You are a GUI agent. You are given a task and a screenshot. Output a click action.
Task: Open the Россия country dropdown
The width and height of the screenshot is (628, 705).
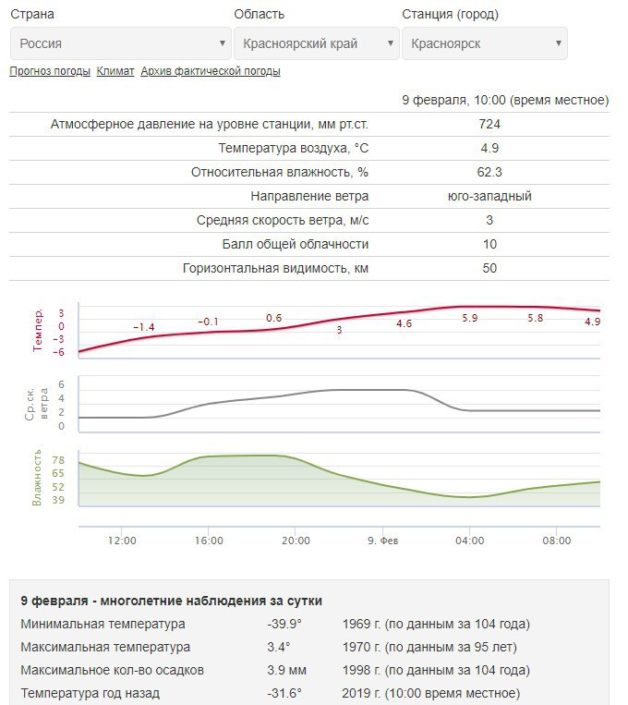coord(120,43)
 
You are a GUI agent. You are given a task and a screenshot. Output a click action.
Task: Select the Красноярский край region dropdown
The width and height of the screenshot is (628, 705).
coord(317,43)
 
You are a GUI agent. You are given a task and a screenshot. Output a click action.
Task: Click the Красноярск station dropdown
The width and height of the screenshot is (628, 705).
coord(485,43)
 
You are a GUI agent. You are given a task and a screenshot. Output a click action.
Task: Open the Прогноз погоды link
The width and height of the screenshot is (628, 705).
coord(50,71)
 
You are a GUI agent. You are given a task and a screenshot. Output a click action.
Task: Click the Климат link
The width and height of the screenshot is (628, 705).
coord(115,71)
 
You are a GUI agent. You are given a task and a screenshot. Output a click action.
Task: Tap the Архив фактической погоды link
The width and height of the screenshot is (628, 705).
coord(211,71)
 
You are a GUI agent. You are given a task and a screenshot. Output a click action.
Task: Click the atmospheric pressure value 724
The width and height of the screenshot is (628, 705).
coord(489,124)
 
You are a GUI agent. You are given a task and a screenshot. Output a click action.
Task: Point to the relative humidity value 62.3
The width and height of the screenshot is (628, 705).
coord(489,172)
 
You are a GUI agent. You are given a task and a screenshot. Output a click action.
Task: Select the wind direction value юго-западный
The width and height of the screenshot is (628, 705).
coord(489,196)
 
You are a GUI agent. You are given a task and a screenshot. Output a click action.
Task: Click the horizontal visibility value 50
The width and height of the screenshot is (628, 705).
coord(489,269)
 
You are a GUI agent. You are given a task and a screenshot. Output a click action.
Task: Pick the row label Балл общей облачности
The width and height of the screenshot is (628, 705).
coord(296,244)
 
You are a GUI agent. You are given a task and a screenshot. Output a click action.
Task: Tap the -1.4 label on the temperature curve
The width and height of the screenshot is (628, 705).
coord(144,327)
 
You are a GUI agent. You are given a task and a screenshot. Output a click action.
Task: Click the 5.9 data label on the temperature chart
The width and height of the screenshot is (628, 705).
coord(470,318)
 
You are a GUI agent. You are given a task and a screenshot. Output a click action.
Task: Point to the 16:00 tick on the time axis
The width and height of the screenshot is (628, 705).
coord(209,541)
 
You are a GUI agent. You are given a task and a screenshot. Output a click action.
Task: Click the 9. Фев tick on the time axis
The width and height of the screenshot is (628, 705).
coord(383,541)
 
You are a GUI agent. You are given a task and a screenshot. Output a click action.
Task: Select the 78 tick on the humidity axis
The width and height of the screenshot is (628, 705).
coord(58,460)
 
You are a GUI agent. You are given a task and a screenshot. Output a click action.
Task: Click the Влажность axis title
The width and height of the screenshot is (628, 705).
coord(37,478)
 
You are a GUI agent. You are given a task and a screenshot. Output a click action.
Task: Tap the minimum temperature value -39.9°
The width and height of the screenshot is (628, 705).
coord(284,624)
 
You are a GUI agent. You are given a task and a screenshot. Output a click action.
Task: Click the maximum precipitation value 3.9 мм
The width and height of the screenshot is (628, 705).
coord(287,671)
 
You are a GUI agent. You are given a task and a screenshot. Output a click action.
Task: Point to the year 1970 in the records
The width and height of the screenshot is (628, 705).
coord(357,647)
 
